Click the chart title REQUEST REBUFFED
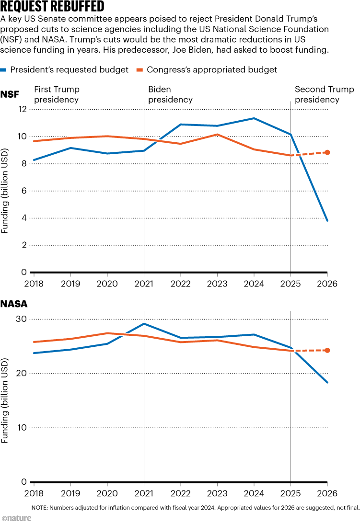tap(53, 7)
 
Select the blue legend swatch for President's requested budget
tap(4, 70)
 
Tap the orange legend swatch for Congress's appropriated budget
tap(140, 70)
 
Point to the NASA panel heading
tap(14, 304)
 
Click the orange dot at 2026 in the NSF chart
tap(327, 152)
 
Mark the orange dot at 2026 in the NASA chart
tap(327, 350)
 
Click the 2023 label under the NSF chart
tap(217, 284)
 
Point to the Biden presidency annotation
tap(170, 95)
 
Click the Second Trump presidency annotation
tap(324, 95)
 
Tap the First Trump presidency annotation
tap(57, 95)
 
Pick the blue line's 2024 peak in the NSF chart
tap(254, 118)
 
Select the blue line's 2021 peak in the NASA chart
tap(144, 324)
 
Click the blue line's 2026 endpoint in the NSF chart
tap(327, 221)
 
